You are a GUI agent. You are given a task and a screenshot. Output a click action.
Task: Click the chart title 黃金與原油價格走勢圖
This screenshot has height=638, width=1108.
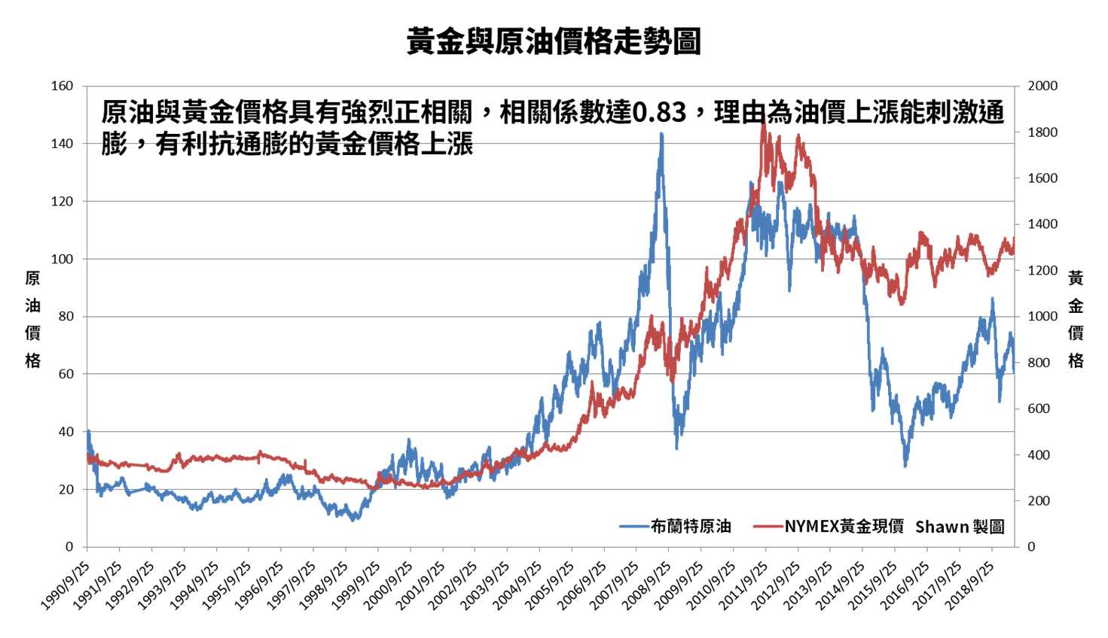point(554,41)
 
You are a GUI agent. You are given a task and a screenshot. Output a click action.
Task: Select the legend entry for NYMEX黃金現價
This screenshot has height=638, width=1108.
point(844,527)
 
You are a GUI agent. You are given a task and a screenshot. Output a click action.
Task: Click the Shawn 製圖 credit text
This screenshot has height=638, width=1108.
point(960,527)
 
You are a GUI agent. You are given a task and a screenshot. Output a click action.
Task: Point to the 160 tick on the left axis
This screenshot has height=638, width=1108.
point(62,87)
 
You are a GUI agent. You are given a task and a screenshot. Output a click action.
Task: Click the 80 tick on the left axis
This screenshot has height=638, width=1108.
point(65,317)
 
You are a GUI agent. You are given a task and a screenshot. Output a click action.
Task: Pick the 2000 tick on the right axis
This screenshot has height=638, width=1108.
point(1042,87)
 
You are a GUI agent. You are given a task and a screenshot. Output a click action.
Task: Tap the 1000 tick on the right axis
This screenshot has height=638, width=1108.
point(1042,317)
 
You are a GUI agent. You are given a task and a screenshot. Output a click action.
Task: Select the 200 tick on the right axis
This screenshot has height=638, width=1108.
point(1039,501)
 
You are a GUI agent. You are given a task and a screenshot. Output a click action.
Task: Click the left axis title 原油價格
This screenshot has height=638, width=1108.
point(32,319)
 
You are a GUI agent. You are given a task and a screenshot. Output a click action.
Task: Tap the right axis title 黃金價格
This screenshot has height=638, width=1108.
point(1076,319)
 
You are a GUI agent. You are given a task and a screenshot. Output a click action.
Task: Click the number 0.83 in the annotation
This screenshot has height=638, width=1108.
point(658,113)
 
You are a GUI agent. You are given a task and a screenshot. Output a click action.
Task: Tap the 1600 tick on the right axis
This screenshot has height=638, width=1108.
point(1042,179)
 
